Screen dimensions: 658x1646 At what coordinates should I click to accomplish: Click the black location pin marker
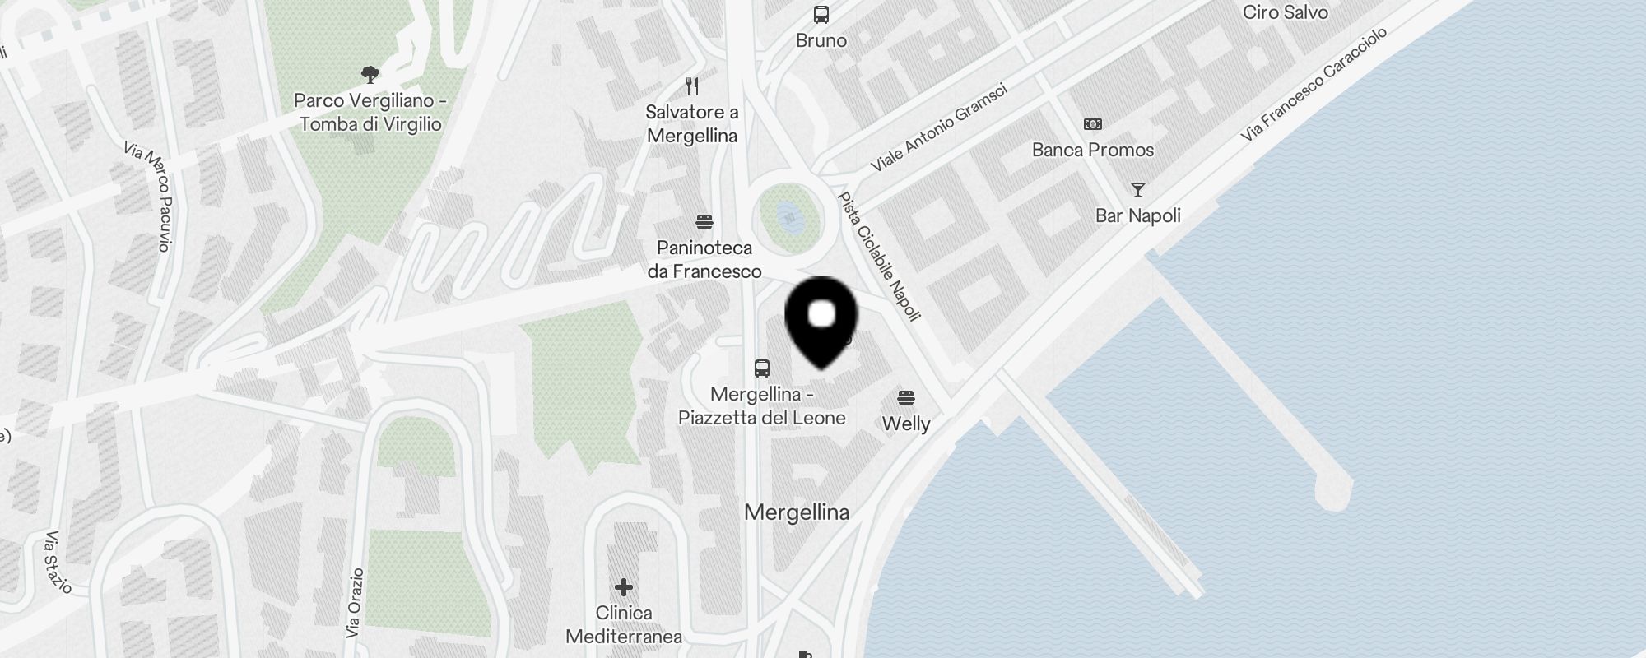tap(821, 320)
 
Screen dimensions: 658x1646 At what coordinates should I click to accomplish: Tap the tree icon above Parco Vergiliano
tap(370, 75)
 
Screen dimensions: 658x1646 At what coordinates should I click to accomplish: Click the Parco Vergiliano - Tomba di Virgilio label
tap(370, 113)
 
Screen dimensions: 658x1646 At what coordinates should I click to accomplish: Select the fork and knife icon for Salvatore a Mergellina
tap(692, 86)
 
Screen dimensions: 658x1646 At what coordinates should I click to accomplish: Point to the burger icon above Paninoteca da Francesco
tap(704, 222)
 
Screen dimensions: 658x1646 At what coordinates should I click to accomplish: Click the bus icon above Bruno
tap(821, 15)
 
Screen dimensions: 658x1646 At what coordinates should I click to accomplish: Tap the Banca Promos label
tap(1092, 150)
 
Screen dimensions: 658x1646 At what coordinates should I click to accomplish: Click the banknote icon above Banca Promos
tap(1092, 124)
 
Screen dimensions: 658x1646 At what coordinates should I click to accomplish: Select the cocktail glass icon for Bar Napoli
tap(1137, 190)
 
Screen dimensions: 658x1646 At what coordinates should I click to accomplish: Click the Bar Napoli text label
tap(1137, 215)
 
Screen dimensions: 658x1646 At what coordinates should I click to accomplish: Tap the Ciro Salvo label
tap(1285, 12)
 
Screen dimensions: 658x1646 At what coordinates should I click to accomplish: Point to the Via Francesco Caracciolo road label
tap(1314, 83)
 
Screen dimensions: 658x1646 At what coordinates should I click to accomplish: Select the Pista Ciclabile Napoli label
tap(878, 256)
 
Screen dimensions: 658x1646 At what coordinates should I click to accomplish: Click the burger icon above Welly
tap(906, 398)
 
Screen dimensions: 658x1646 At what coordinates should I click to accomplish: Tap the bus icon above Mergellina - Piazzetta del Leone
tap(762, 368)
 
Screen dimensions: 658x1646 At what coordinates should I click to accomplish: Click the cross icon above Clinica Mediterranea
tap(624, 587)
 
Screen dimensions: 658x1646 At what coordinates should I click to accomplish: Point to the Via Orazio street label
tap(355, 603)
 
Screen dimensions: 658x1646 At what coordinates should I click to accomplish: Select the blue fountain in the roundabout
tap(790, 218)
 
